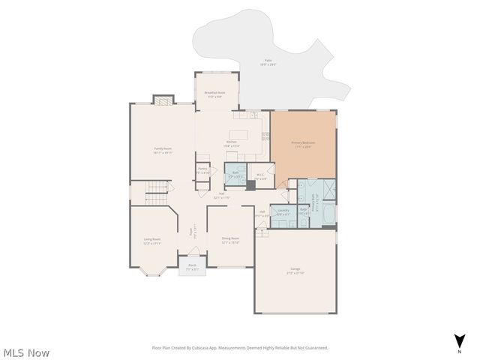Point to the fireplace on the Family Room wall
tap(163, 100)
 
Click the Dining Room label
tap(229, 240)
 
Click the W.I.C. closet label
tap(260, 176)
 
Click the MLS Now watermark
tap(26, 352)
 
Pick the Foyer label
tap(194, 231)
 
